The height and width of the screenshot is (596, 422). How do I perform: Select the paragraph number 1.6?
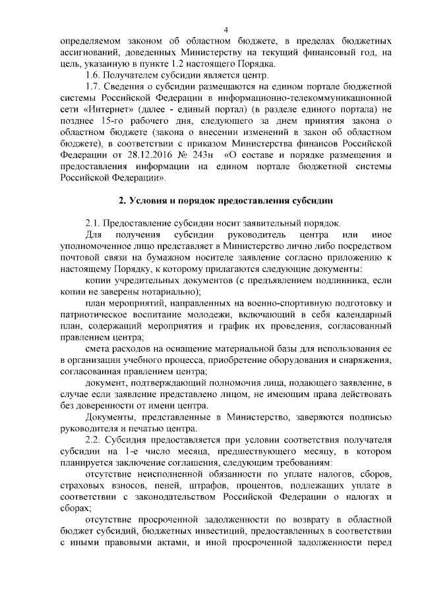(x=94, y=76)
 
